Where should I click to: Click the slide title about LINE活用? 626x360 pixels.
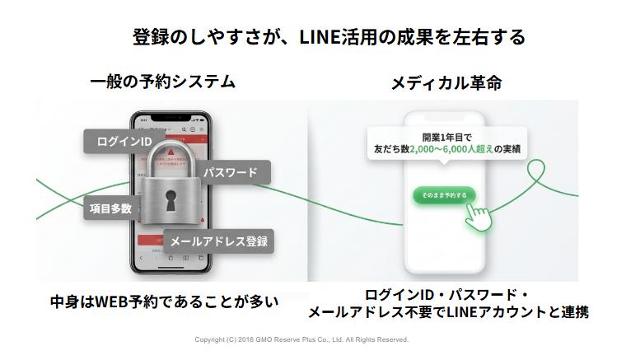329,37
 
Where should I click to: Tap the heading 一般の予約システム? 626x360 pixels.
162,82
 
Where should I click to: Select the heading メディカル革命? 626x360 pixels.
446,83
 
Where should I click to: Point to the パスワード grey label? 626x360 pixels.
230,173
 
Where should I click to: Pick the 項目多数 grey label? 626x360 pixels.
109,208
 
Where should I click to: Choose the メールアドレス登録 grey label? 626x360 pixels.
218,241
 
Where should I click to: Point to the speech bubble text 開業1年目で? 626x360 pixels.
446,137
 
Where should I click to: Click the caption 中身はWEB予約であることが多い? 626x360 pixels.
164,302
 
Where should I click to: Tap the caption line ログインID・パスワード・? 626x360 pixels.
447,295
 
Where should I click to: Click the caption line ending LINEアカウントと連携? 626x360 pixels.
447,313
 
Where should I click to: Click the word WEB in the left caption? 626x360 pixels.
110,302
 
